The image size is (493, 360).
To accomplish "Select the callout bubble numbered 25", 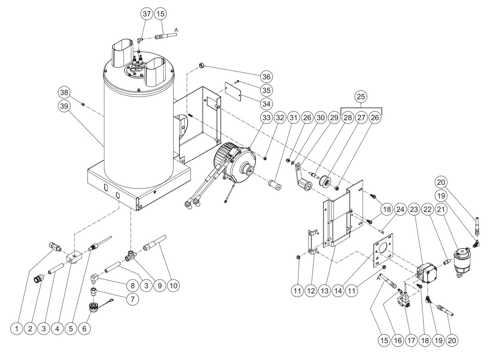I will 361,97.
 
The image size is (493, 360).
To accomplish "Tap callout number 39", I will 64,106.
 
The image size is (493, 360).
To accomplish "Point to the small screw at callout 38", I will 83,104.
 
